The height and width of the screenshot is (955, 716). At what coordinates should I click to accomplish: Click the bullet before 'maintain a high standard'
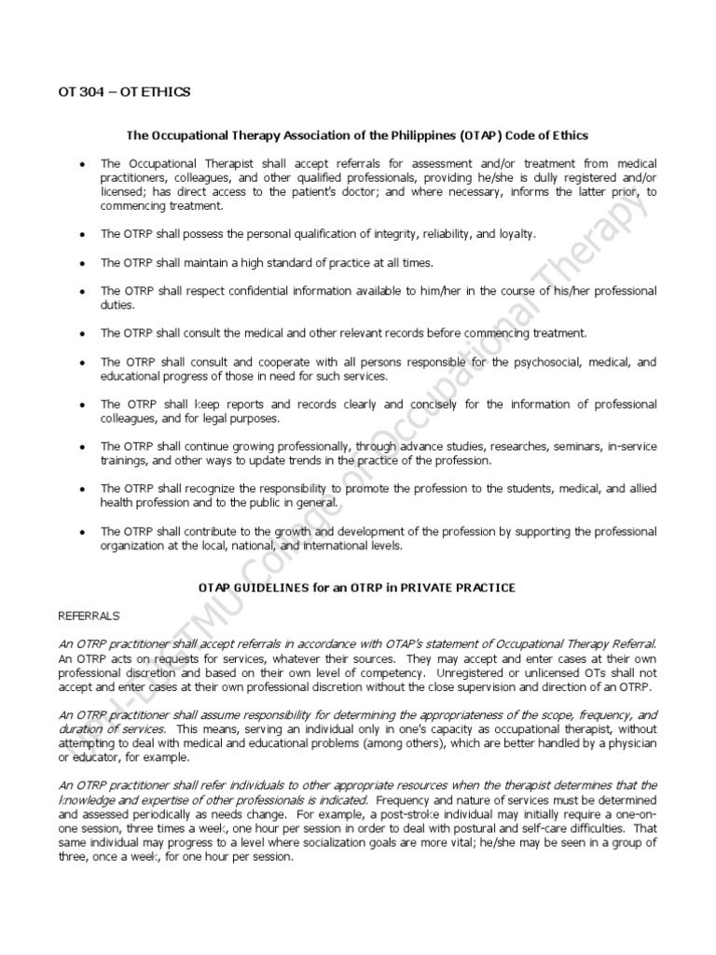tap(83, 263)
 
